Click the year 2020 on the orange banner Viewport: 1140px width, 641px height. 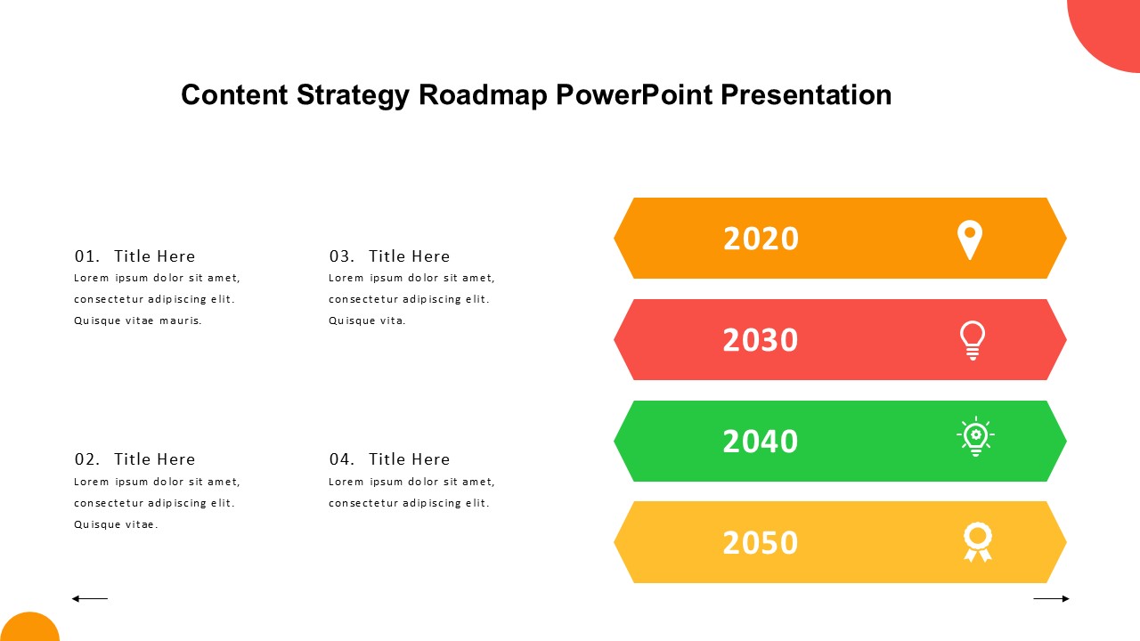pyautogui.click(x=761, y=239)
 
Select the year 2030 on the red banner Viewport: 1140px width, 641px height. pyautogui.click(x=761, y=340)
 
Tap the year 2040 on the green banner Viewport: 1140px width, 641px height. pyautogui.click(x=761, y=441)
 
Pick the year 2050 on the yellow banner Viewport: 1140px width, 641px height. pyautogui.click(x=761, y=542)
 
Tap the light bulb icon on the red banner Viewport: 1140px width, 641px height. pyautogui.click(x=973, y=340)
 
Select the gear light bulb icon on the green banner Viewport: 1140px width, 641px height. pyautogui.click(x=975, y=436)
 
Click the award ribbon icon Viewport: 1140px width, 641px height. pyautogui.click(x=978, y=542)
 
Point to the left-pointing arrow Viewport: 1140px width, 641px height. pyautogui.click(x=90, y=599)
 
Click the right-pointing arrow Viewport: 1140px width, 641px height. pyautogui.click(x=1052, y=599)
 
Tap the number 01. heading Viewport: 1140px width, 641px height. pyautogui.click(x=87, y=256)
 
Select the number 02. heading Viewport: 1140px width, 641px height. pyautogui.click(x=87, y=459)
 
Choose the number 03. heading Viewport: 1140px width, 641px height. pyautogui.click(x=341, y=256)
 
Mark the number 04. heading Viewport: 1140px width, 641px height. pyautogui.click(x=341, y=459)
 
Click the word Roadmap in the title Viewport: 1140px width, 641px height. pyautogui.click(x=483, y=95)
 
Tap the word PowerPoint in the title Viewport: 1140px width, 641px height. pyautogui.click(x=633, y=94)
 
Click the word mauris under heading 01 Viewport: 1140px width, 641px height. pyautogui.click(x=181, y=320)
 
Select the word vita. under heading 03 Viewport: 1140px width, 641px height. pyautogui.click(x=393, y=320)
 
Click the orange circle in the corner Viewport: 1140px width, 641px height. pyautogui.click(x=29, y=629)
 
